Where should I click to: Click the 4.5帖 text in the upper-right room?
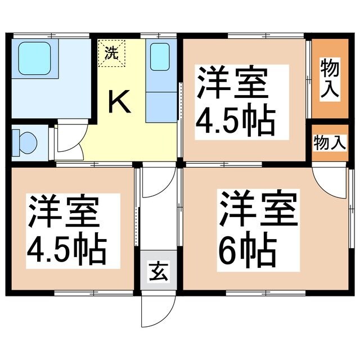[235, 119]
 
